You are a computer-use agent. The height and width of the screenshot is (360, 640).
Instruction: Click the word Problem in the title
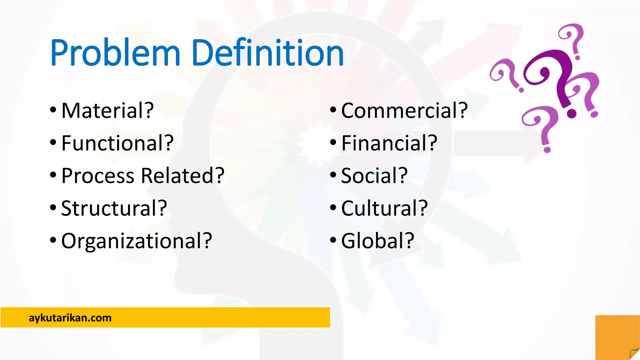[x=115, y=53]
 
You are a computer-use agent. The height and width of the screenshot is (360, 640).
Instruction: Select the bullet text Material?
[x=107, y=111]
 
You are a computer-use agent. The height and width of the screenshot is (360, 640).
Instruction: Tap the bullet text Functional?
[x=117, y=143]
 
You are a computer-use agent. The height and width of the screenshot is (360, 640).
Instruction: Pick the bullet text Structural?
[x=114, y=208]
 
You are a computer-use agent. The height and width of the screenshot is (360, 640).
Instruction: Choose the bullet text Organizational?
[x=137, y=241]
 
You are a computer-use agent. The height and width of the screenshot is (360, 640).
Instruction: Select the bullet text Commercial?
[x=404, y=111]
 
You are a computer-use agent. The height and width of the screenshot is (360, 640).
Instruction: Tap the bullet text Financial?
[x=389, y=143]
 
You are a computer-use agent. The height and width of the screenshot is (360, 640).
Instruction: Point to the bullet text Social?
[x=374, y=176]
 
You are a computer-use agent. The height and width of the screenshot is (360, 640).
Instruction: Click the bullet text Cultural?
[x=384, y=208]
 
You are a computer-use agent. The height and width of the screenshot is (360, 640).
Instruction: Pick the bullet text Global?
[x=377, y=241]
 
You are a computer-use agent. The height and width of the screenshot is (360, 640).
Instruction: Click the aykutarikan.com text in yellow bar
[x=70, y=318]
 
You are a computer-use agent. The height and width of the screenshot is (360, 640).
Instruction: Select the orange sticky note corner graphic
[x=617, y=337]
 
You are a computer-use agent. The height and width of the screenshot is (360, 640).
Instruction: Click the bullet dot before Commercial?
[x=333, y=110]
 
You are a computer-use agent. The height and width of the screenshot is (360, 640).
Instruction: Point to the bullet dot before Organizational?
[x=53, y=240]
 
